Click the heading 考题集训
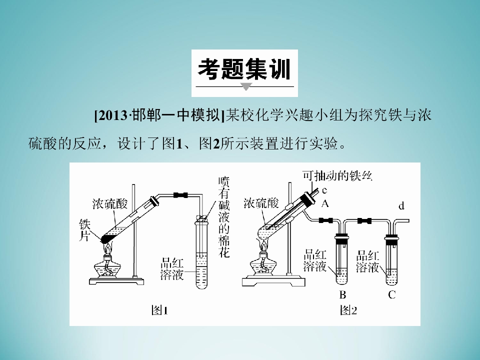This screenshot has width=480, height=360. [244, 69]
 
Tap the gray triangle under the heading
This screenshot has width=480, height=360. [246, 86]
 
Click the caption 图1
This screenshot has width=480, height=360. [160, 310]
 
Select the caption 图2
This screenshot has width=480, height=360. [348, 310]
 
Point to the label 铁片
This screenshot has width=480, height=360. [85, 230]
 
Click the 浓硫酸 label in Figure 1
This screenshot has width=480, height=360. [110, 203]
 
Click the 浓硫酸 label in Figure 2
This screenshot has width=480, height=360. [261, 203]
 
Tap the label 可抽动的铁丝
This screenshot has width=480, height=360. [337, 175]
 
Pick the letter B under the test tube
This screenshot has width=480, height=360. [342, 295]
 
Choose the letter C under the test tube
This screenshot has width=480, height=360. [392, 295]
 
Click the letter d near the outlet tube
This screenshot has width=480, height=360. [401, 206]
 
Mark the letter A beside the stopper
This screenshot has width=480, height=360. [325, 203]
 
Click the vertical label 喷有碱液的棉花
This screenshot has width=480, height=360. [224, 216]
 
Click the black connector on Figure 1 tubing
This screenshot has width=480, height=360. [180, 195]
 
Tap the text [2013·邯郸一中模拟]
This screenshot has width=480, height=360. [159, 115]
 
